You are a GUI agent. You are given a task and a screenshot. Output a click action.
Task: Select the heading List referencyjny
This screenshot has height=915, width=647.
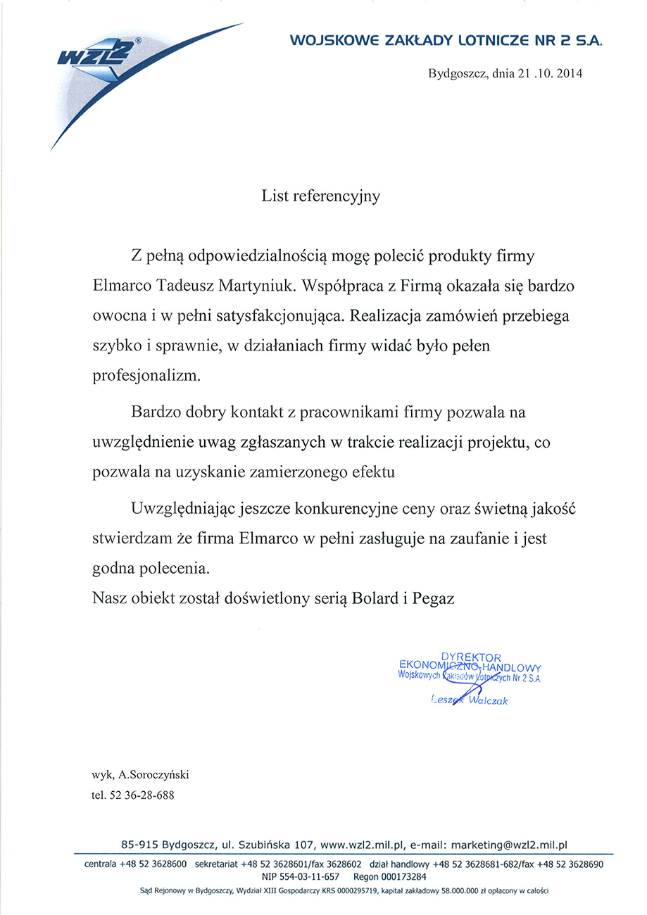point(321,196)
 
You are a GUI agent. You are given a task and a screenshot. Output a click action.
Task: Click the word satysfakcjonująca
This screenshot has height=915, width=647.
point(266,316)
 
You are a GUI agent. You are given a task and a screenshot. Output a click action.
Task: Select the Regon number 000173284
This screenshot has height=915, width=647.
point(400,877)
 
